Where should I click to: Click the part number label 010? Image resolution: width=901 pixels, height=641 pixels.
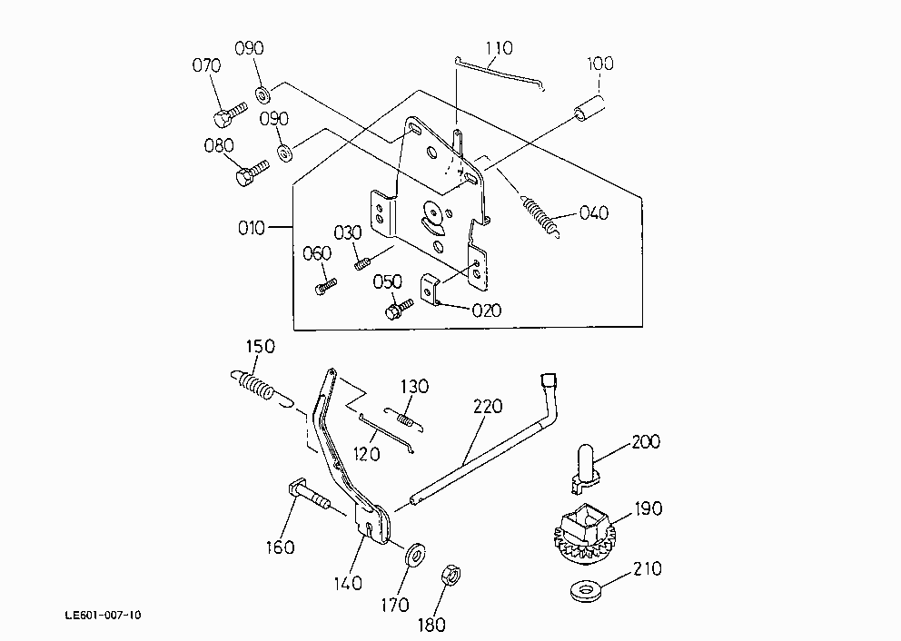[251, 228]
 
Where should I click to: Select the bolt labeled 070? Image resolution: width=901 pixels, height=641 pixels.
[229, 114]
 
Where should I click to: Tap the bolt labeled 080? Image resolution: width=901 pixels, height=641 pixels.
[252, 173]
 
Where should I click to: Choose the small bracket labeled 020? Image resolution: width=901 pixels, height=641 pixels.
[431, 289]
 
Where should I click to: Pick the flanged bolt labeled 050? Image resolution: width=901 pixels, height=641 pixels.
[400, 309]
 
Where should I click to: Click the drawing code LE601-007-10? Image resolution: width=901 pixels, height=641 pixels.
[103, 616]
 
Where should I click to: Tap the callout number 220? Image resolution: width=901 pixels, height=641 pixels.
[488, 407]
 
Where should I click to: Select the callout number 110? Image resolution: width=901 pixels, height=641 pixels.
[499, 48]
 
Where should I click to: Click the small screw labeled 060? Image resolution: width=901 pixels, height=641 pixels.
[326, 285]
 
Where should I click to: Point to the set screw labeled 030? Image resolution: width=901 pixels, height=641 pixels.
[361, 264]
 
